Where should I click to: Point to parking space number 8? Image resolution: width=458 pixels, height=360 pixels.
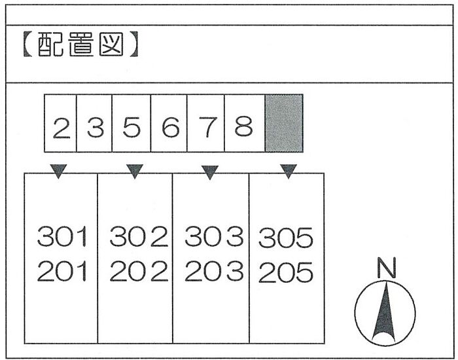click(243, 127)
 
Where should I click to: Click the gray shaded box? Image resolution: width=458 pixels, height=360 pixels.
click(284, 123)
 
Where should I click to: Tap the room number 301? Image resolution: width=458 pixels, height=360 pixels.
click(62, 237)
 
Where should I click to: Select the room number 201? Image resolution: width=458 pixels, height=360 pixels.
click(62, 271)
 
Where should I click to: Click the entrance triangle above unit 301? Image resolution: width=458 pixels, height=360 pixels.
click(59, 171)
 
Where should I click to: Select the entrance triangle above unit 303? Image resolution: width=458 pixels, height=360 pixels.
click(210, 172)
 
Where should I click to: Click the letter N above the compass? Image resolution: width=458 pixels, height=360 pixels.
click(387, 268)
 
